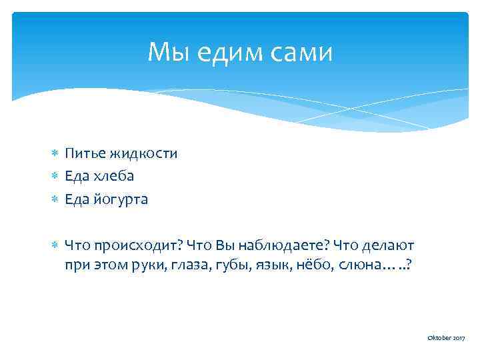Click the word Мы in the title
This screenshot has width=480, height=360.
pos(163,52)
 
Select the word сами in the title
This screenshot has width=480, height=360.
pos(299,52)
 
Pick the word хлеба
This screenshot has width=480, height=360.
pos(113,176)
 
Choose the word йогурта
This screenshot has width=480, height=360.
pos(121,199)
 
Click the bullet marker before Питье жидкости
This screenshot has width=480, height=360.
pos(55,154)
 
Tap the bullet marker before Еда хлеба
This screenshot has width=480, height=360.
pos(55,177)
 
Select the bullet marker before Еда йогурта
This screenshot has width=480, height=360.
pos(55,199)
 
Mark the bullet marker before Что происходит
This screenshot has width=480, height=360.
pos(55,245)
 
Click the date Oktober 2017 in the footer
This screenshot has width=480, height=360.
pos(446,339)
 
